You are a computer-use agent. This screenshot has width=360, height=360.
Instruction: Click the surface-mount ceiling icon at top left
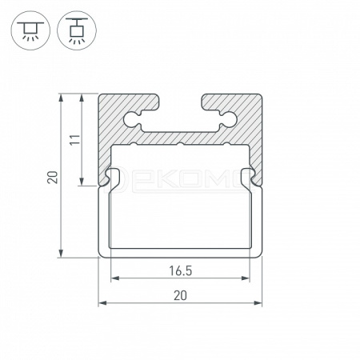[x=30, y=30]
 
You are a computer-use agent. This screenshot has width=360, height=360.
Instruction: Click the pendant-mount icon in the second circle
[x=77, y=30]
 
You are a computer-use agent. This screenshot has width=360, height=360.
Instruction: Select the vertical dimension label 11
[x=75, y=139]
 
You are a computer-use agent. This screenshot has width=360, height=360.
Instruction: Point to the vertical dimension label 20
[x=53, y=177]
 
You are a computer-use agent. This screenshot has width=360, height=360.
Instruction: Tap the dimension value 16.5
[x=181, y=271]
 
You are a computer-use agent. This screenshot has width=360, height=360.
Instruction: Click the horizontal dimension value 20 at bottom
[x=180, y=296]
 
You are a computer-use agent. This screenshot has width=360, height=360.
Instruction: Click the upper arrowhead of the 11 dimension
[x=82, y=98]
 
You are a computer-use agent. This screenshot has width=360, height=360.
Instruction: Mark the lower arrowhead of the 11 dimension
[x=82, y=182]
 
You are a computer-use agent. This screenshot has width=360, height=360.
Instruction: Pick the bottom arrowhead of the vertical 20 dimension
[x=62, y=254]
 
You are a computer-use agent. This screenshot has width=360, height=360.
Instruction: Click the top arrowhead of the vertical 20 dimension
[x=62, y=98]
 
